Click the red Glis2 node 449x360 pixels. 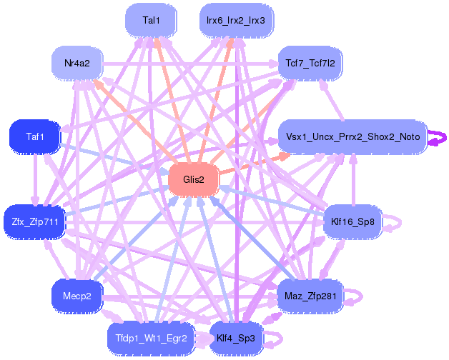click(x=194, y=180)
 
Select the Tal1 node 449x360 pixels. click(x=151, y=20)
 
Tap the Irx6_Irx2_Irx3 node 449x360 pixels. click(x=236, y=20)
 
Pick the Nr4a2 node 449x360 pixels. click(x=77, y=63)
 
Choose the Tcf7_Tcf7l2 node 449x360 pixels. click(x=310, y=63)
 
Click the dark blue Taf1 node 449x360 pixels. click(x=35, y=136)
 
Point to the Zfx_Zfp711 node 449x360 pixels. click(x=35, y=221)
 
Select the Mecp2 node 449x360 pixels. click(x=77, y=296)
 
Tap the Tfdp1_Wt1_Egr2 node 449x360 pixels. click(x=151, y=339)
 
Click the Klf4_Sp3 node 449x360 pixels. click(x=236, y=339)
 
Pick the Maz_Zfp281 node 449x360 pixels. click(x=310, y=296)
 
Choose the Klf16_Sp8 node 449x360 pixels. click(x=352, y=221)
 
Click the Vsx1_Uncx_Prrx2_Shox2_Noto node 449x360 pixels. click(x=352, y=136)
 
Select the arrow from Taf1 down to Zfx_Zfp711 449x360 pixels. click(x=35, y=180)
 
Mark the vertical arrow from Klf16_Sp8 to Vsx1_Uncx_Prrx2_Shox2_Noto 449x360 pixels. click(x=354, y=179)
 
